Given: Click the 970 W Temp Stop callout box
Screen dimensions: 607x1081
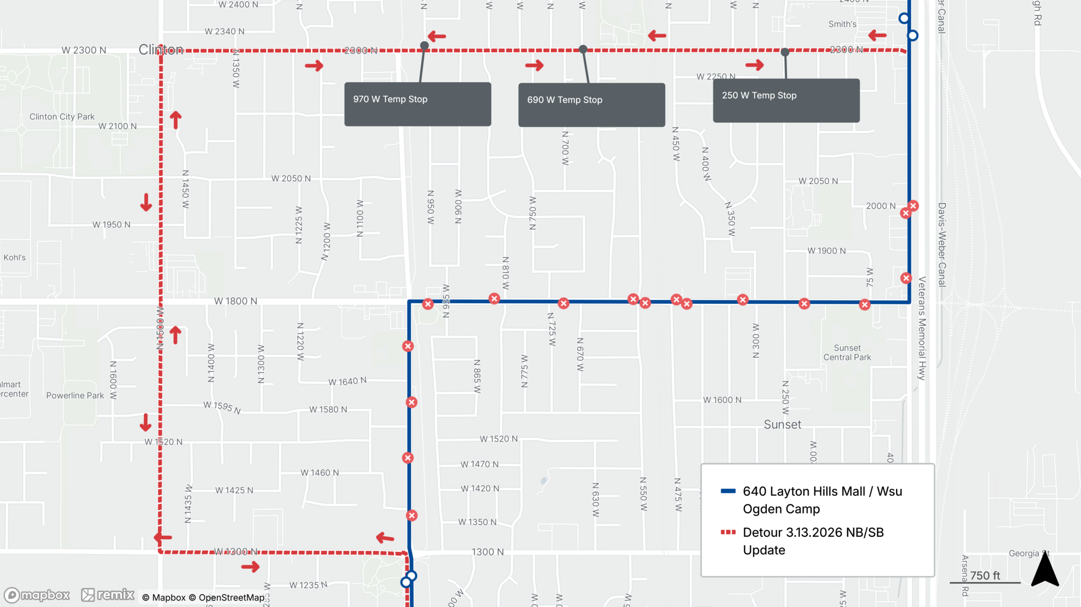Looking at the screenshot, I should click(x=417, y=104).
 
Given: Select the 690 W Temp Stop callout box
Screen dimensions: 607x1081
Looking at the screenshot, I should click(x=591, y=104).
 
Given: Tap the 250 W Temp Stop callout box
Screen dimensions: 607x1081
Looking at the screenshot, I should click(x=786, y=100).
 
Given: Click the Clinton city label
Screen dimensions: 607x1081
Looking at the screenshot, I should click(x=161, y=50).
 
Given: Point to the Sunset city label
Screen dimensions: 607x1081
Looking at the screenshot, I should click(x=782, y=425).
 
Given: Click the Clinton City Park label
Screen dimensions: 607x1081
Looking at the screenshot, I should click(x=62, y=117).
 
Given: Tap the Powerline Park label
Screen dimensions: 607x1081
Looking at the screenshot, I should click(x=75, y=396).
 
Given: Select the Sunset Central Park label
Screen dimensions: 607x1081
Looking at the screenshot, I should click(x=847, y=352).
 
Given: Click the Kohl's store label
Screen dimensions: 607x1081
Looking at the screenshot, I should click(x=15, y=258).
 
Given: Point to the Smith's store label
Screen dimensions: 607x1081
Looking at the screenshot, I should click(x=842, y=24).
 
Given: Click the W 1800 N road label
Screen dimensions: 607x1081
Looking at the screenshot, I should click(x=236, y=301).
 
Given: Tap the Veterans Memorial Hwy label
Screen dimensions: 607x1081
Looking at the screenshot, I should click(x=922, y=328).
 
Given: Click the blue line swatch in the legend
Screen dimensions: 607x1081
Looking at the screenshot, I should click(x=728, y=491).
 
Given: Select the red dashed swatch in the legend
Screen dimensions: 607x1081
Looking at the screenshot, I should click(x=728, y=532).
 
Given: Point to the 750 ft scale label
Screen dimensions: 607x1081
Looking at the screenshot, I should click(x=985, y=576).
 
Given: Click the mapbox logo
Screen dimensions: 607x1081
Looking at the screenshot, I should click(x=37, y=595).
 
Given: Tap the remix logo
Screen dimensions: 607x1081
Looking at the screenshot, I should click(x=108, y=595).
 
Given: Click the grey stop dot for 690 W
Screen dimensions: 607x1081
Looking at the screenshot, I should click(x=583, y=49).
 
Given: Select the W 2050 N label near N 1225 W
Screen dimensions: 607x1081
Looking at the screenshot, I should click(x=291, y=178).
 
